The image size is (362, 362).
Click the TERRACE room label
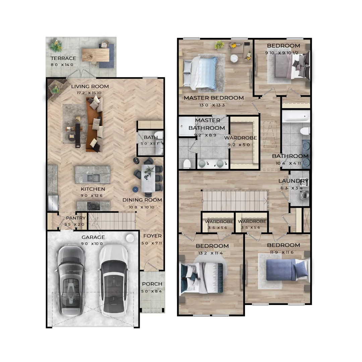click(63, 58)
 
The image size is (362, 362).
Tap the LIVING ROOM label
click(90, 86)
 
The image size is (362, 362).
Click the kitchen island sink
click(91, 178)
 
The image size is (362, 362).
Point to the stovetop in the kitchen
click(94, 205)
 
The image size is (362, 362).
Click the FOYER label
click(153, 236)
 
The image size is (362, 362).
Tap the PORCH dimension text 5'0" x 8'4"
click(152, 291)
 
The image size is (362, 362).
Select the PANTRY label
click(76, 218)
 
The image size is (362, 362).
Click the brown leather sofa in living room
click(94, 125)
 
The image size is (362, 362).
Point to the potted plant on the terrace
click(56, 46)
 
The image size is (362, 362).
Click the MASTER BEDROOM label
click(214, 98)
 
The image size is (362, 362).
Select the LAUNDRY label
click(293, 181)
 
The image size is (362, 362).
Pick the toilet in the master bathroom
click(187, 164)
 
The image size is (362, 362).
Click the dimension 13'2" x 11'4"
click(212, 253)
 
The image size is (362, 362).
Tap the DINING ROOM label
click(142, 200)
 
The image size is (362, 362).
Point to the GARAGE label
click(93, 237)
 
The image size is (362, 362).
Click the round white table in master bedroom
click(234, 58)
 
